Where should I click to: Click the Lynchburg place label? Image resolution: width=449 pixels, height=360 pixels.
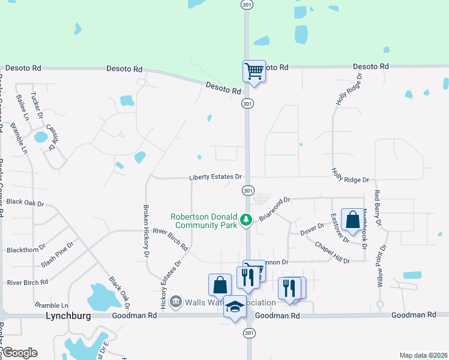tap(68, 315)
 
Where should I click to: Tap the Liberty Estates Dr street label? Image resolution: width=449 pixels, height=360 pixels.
tap(215, 177)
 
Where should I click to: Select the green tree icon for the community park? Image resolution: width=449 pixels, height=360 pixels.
tap(246, 220)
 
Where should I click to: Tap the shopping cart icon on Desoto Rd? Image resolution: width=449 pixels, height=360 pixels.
tap(254, 71)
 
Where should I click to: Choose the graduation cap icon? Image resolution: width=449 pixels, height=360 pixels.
tap(235, 307)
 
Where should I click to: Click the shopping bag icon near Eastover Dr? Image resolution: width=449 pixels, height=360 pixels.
tap(352, 220)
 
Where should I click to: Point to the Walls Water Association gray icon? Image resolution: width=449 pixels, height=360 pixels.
tap(175, 301)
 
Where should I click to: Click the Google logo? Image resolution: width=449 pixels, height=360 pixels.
tap(19, 353)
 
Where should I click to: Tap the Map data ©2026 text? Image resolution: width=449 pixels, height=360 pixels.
tap(423, 355)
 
